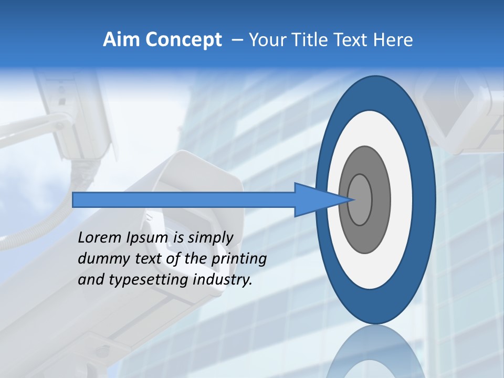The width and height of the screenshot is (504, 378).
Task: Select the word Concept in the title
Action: pyautogui.click(x=183, y=40)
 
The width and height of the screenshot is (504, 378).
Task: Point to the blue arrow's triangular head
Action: pyautogui.click(x=315, y=199)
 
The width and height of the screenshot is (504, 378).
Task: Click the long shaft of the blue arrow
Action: pyautogui.click(x=184, y=199)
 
